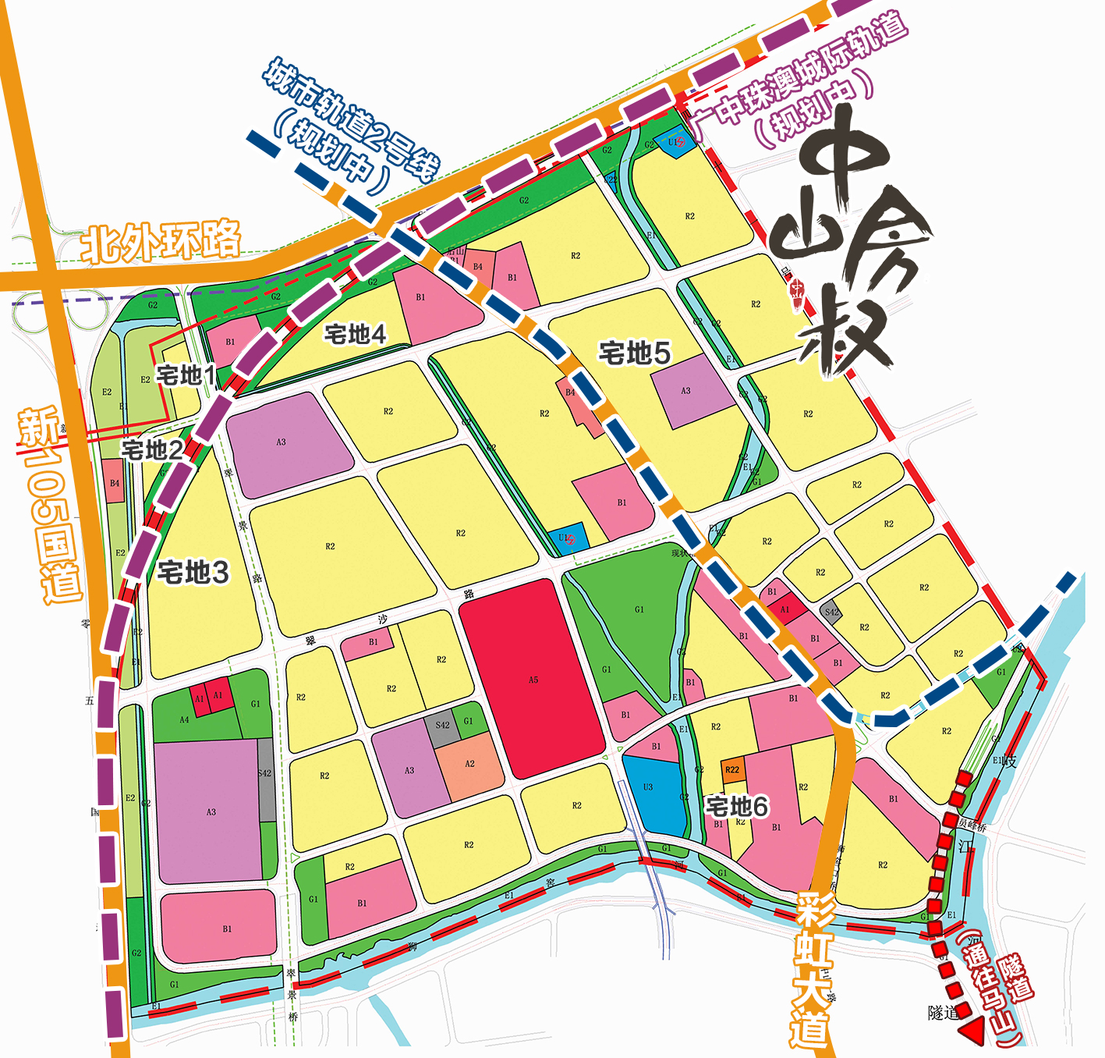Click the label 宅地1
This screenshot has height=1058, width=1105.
pyautogui.click(x=186, y=375)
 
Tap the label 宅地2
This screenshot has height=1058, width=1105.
pyautogui.click(x=152, y=450)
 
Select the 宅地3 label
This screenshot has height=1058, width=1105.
pyautogui.click(x=193, y=573)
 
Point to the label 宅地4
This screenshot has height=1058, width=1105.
pyautogui.click(x=356, y=335)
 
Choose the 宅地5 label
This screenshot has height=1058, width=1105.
pyautogui.click(x=635, y=353)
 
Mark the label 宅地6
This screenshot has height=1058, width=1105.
pyautogui.click(x=737, y=806)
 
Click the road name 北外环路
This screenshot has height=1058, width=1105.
pyautogui.click(x=161, y=242)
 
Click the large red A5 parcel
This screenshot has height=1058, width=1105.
pyautogui.click(x=533, y=679)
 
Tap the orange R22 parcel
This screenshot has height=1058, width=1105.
pyautogui.click(x=732, y=770)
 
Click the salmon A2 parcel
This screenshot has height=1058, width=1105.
pyautogui.click(x=469, y=769)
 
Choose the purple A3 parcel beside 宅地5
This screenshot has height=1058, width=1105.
pyautogui.click(x=686, y=391)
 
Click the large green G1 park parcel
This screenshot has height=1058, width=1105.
pyautogui.click(x=636, y=624)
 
